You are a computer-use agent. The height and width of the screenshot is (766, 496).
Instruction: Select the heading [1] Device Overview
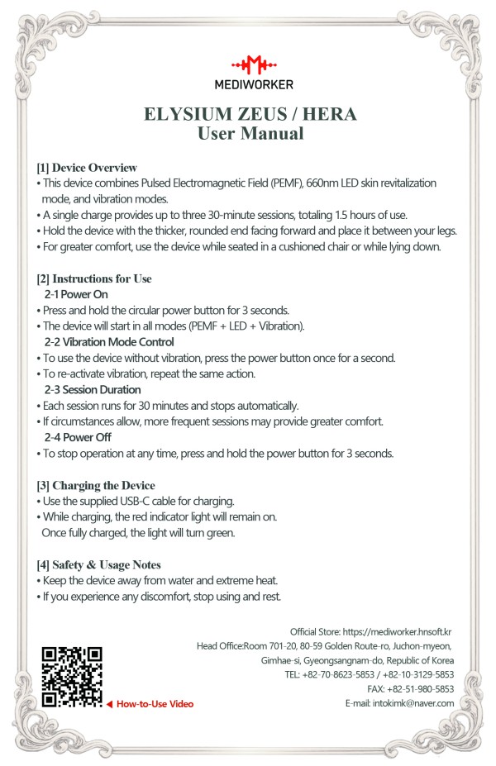[x=87, y=168]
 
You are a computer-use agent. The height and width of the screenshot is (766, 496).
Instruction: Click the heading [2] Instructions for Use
[x=94, y=279]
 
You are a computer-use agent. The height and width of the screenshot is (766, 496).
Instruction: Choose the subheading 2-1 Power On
[x=76, y=294]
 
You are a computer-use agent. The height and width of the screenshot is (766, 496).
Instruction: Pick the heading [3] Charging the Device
[x=96, y=485]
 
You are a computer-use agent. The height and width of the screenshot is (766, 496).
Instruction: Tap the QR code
[x=71, y=677]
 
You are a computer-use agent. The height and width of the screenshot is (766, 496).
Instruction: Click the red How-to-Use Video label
[x=155, y=704]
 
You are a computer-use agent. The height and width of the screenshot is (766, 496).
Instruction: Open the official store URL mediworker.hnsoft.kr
[x=399, y=631]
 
